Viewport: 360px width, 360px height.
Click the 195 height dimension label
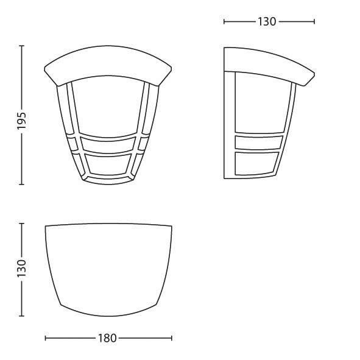(x=23, y=121)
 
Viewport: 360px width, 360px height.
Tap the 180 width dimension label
(x=107, y=338)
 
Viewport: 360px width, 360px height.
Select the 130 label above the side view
(x=267, y=22)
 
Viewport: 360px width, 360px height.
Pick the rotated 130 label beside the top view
(x=22, y=268)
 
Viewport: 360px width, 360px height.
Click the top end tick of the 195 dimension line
(x=22, y=46)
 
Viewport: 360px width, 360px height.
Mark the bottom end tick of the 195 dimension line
(x=22, y=184)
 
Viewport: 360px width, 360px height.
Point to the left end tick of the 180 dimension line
(x=46, y=338)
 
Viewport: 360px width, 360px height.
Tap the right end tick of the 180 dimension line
(x=172, y=338)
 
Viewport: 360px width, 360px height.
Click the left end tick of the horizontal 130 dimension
(x=224, y=22)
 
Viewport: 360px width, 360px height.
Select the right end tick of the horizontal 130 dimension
(x=314, y=22)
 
